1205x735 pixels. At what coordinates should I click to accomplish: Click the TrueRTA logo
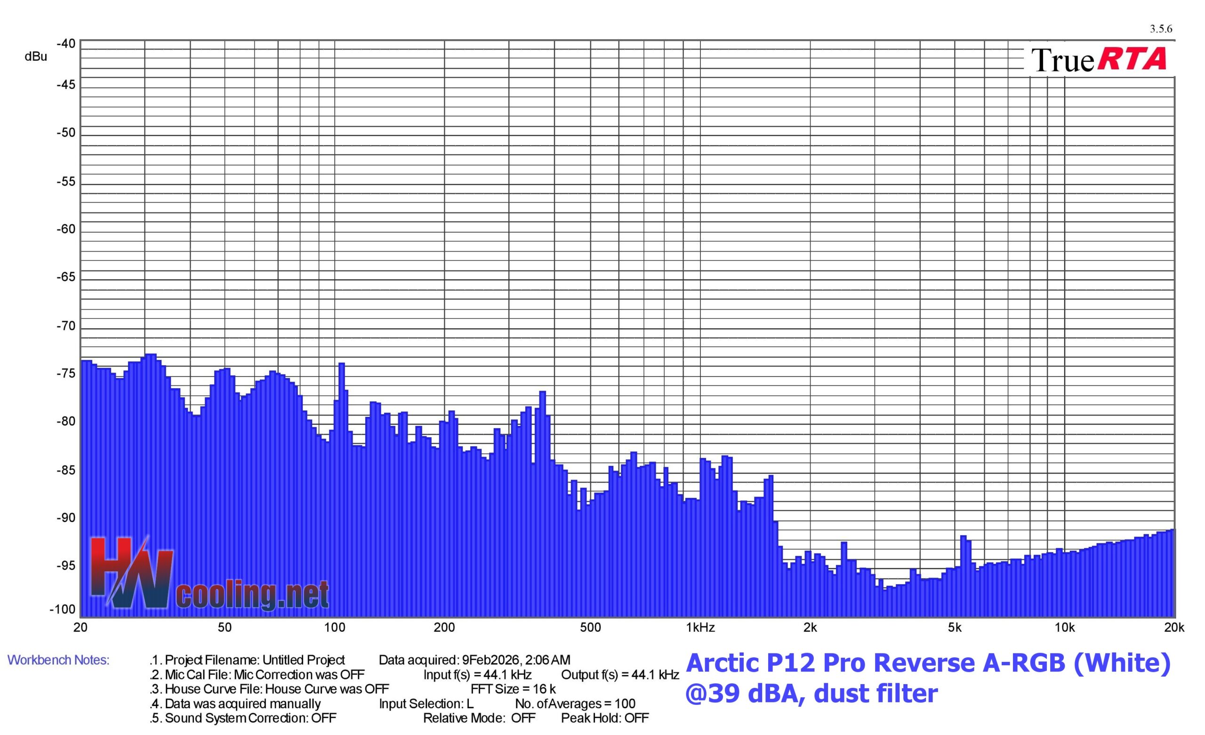[x=1099, y=60]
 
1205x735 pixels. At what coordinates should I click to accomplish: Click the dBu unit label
[x=36, y=57]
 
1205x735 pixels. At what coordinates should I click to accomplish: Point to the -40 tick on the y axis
[x=66, y=43]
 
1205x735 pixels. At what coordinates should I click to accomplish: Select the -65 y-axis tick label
[x=66, y=278]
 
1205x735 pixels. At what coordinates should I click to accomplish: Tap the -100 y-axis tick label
[x=63, y=609]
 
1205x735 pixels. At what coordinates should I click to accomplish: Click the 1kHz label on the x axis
[x=700, y=628]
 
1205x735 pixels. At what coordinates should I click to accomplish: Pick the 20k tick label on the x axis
[x=1174, y=628]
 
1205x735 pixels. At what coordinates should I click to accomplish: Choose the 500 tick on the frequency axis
[x=590, y=628]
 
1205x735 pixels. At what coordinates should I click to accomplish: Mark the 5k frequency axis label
[x=955, y=628]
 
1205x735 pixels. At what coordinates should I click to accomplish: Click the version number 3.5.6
[x=1160, y=29]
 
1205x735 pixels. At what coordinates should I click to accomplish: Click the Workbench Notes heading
[x=58, y=660]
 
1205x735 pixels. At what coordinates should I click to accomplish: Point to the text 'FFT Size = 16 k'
[x=513, y=689]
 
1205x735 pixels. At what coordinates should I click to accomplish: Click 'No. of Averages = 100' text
[x=575, y=704]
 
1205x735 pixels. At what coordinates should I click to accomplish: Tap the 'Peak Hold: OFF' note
[x=605, y=718]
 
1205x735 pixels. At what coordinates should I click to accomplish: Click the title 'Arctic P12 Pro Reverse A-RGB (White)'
[x=928, y=663]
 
